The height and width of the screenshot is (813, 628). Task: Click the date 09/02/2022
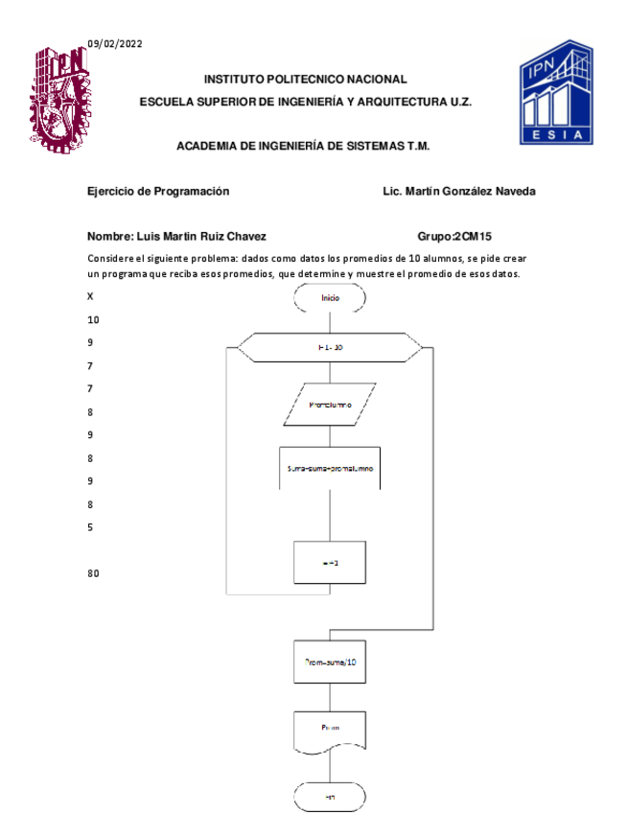click(x=114, y=43)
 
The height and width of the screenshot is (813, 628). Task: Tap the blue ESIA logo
click(x=556, y=92)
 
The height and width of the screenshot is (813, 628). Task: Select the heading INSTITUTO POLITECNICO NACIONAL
click(x=305, y=80)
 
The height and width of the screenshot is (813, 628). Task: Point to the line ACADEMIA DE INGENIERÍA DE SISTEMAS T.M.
click(x=303, y=147)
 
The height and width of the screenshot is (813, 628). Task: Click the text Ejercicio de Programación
click(x=158, y=191)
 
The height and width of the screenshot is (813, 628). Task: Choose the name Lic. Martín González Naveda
click(x=458, y=191)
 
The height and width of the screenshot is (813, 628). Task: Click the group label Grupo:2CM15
click(x=454, y=236)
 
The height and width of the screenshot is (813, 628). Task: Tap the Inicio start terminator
click(x=330, y=298)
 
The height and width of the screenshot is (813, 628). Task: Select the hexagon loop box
click(x=330, y=347)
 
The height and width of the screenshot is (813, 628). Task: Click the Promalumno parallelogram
click(x=330, y=405)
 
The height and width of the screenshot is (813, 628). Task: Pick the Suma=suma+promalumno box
click(x=330, y=469)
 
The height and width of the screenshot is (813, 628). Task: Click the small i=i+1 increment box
click(x=330, y=563)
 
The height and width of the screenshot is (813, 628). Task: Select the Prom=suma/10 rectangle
click(x=330, y=662)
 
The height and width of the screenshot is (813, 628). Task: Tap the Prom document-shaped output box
click(x=330, y=730)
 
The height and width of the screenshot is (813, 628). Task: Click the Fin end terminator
click(x=330, y=797)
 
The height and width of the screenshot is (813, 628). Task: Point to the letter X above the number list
click(x=90, y=297)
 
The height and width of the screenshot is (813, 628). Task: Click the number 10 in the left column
click(x=93, y=320)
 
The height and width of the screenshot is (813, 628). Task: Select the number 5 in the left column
click(x=90, y=527)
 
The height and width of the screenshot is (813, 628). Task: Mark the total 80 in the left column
click(x=93, y=573)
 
